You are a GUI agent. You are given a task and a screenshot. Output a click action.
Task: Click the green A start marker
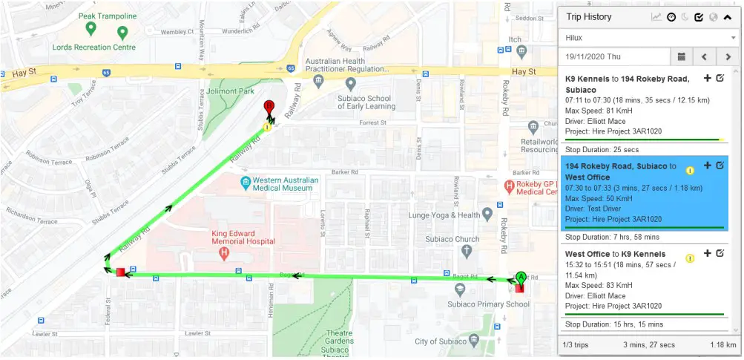coord(519,276)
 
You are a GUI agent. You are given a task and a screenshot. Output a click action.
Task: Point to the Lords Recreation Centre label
coord(93,47)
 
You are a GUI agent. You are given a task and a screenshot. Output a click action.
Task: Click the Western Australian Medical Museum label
coord(285,184)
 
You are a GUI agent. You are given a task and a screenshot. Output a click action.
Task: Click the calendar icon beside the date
coord(681,56)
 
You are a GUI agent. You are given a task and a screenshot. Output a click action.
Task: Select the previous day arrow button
coord(705,56)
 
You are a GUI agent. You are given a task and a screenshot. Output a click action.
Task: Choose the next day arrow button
coord(728,56)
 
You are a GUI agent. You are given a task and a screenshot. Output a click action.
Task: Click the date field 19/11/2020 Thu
coord(615,56)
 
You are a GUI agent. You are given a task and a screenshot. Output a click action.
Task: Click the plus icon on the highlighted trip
coord(707,166)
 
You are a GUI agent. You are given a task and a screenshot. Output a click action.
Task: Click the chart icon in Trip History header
coord(656,17)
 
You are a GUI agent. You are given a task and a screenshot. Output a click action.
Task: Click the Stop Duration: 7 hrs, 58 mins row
coord(610,237)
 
